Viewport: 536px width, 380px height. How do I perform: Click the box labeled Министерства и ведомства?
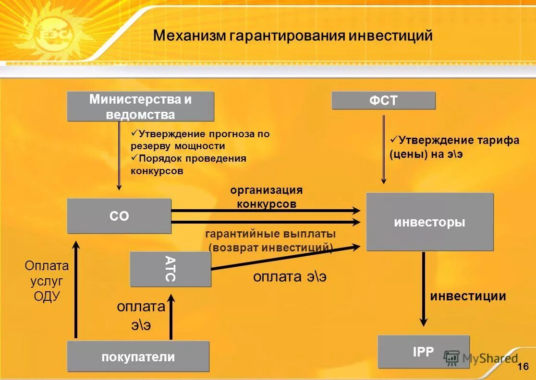140,107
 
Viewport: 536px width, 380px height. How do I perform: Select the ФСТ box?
384,101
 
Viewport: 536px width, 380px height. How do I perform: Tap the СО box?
119,216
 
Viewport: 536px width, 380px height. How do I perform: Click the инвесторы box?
430,222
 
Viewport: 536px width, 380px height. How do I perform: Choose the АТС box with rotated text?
171,269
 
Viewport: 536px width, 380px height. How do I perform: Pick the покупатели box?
138,356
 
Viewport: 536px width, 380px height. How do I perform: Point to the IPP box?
423,352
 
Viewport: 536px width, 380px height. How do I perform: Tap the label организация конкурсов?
267,197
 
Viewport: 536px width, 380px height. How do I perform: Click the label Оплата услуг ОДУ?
47,281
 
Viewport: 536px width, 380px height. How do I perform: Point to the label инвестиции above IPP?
468,296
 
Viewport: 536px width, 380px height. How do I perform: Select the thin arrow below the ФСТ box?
383,149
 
